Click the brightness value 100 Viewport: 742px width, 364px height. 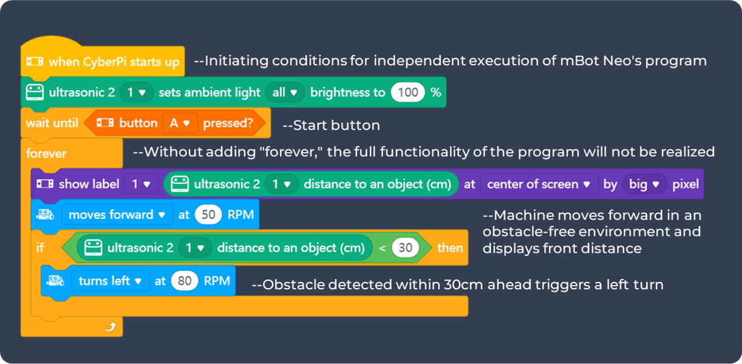click(408, 92)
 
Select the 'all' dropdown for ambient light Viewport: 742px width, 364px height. click(285, 92)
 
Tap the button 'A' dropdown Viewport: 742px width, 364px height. click(180, 123)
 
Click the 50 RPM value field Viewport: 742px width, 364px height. click(208, 215)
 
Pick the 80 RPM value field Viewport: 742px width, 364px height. click(185, 281)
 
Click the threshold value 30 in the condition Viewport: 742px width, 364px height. click(405, 248)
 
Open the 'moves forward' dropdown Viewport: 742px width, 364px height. click(117, 215)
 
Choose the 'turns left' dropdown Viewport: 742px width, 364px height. click(111, 281)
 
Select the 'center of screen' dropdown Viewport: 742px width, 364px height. click(539, 184)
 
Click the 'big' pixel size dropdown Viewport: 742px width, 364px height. click(644, 184)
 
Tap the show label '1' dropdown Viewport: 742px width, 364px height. click(141, 184)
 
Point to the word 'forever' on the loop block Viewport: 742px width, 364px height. click(46, 154)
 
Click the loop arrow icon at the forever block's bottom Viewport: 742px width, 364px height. click(111, 327)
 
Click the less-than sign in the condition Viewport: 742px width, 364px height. click(383, 248)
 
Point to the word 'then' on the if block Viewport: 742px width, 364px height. click(450, 248)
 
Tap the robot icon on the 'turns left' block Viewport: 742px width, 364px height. click(55, 281)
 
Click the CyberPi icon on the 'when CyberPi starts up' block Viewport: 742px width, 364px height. click(35, 61)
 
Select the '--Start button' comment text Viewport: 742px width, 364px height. click(332, 125)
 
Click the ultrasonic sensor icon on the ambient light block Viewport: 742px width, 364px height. click(35, 92)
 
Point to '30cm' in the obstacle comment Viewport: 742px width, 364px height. click(463, 284)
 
